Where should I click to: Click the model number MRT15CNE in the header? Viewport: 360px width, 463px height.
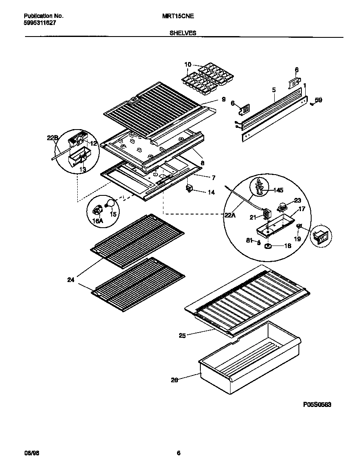click(178, 16)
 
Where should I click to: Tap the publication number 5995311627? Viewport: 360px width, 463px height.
click(39, 23)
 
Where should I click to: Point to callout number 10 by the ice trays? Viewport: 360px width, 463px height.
click(188, 65)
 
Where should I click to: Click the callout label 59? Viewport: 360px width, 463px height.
click(318, 100)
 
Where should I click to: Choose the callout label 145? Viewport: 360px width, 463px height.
click(278, 190)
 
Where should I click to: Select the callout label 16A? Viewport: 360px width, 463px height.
click(98, 221)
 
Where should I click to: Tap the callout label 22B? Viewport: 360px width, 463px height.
click(52, 138)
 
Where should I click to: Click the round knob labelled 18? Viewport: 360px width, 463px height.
click(269, 246)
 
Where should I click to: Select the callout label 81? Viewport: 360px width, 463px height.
click(250, 240)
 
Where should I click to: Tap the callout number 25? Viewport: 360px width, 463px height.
click(182, 336)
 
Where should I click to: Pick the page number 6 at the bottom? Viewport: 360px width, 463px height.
click(179, 453)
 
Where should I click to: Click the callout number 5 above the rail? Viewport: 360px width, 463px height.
click(274, 90)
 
